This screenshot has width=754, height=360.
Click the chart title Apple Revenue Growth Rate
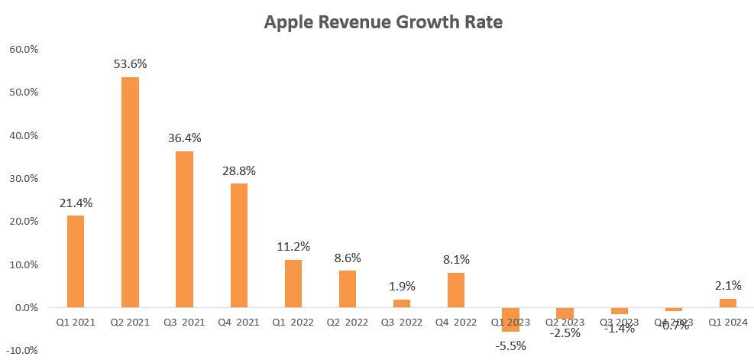pyautogui.click(x=383, y=22)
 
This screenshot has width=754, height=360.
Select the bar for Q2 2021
pyautogui.click(x=130, y=192)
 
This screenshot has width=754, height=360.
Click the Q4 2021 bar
pyautogui.click(x=238, y=245)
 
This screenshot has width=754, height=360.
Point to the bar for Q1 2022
pyautogui.click(x=293, y=284)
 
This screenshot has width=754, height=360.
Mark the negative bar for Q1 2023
pyautogui.click(x=510, y=319)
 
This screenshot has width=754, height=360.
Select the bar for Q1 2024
pyautogui.click(x=728, y=303)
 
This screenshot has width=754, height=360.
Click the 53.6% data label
pyautogui.click(x=130, y=64)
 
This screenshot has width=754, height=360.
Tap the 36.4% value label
pyautogui.click(x=184, y=138)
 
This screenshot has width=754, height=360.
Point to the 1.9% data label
pyautogui.click(x=402, y=287)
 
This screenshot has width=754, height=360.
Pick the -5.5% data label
pyautogui.click(x=510, y=345)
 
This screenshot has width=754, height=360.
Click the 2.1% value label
pyautogui.click(x=728, y=286)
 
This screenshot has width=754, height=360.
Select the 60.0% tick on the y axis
pyautogui.click(x=24, y=50)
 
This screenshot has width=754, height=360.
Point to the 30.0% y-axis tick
pyautogui.click(x=24, y=179)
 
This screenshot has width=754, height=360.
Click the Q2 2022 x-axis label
pyautogui.click(x=347, y=323)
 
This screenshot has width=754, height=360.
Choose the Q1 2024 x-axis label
pyautogui.click(x=728, y=323)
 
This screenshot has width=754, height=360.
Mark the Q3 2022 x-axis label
pyautogui.click(x=402, y=323)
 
